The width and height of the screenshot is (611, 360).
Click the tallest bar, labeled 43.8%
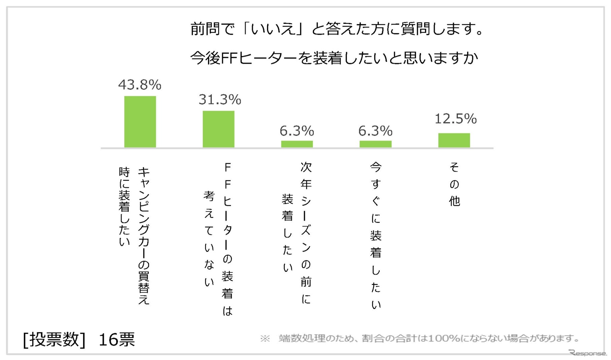coord(140,122)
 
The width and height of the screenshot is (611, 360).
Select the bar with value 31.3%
coord(218,129)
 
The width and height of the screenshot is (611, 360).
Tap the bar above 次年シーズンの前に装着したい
coord(297,144)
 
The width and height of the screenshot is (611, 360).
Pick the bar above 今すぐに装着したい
coord(375,144)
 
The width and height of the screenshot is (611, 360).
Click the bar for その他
coord(454,140)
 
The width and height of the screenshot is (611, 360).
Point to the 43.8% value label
coord(140,85)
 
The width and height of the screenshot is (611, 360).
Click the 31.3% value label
coord(220,100)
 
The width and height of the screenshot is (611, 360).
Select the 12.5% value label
coord(455,119)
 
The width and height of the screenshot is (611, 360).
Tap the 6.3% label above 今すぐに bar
coord(375,131)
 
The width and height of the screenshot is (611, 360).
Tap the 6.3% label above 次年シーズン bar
coord(297,131)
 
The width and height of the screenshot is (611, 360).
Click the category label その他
coord(454,184)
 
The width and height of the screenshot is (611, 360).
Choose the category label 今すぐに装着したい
coord(376,236)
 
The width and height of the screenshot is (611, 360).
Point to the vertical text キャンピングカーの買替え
coord(144,236)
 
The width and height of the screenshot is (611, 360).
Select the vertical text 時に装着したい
coord(124,207)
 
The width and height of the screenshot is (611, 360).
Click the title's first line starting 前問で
coord(337,29)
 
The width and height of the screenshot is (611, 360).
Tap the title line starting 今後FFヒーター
coord(334,58)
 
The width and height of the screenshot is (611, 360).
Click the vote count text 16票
coord(116,339)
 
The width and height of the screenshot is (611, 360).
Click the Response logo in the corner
coord(588,353)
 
